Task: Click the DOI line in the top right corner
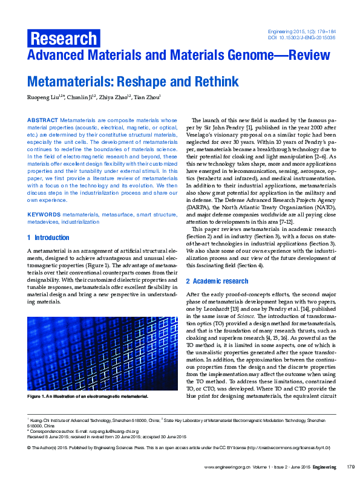pyautogui.click(x=302, y=37)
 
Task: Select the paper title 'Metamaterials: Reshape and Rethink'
pyautogui.click(x=133, y=82)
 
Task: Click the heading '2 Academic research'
pyautogui.click(x=217, y=281)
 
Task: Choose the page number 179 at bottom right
pyautogui.click(x=350, y=467)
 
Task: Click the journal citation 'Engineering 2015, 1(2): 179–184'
pyautogui.click(x=301, y=30)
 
